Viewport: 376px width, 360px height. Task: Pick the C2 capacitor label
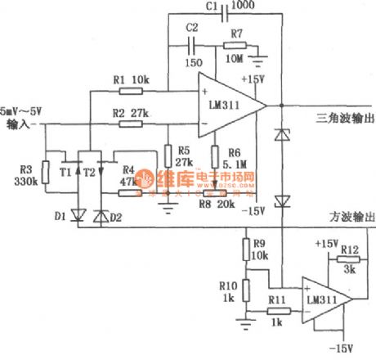[x=193, y=28]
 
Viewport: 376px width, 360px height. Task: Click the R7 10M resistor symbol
[x=236, y=45]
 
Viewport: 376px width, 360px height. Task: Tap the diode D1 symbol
[x=78, y=216]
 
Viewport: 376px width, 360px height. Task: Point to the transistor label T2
[x=90, y=174]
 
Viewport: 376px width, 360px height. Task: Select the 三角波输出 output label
[x=345, y=119]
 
